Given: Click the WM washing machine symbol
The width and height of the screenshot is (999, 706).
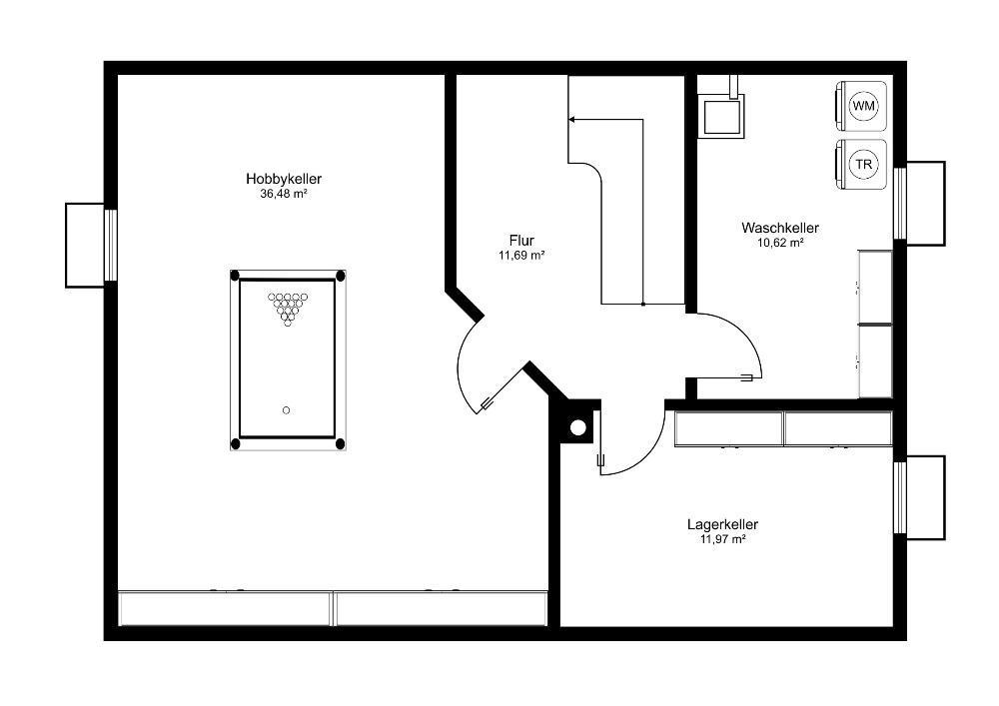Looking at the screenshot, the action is (x=861, y=106).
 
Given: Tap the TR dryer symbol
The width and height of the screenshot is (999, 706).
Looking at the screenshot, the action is (x=861, y=164).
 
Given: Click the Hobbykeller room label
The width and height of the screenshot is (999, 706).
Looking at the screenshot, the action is (x=284, y=179).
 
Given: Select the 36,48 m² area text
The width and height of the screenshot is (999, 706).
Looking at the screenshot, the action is (x=284, y=194).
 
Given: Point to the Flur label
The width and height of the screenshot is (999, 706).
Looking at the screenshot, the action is (x=521, y=241).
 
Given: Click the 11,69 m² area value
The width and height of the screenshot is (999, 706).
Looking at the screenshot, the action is (x=521, y=256).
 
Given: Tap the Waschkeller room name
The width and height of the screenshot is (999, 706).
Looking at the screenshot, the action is (x=780, y=228).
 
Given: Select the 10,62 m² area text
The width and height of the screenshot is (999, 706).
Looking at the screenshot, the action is (x=780, y=243).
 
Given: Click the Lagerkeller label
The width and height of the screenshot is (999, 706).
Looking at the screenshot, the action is (x=722, y=524).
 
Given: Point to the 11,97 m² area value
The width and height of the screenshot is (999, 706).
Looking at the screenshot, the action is (x=722, y=540).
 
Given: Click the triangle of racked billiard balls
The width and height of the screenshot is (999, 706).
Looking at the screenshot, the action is (x=288, y=309).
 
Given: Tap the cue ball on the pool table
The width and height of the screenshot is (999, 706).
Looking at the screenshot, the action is (x=286, y=410).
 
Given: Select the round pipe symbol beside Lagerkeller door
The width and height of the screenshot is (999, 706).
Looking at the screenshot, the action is (x=577, y=427).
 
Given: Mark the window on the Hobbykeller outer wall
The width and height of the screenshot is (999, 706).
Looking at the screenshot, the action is (x=110, y=245).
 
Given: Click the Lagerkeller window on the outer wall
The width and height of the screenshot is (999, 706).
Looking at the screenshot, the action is (x=900, y=497).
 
